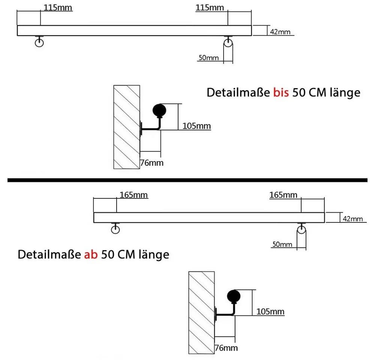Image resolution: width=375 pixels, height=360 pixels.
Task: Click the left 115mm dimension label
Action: tap(58, 7)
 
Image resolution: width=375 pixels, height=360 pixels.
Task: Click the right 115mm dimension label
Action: tap(210, 7)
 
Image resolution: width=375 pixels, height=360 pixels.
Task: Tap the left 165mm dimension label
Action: tap(133, 195)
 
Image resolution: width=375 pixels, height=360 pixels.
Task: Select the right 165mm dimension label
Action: tap(283, 195)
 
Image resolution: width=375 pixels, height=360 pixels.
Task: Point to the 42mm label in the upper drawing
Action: tap(280, 32)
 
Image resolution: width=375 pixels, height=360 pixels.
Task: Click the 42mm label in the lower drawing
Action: tap(353, 219)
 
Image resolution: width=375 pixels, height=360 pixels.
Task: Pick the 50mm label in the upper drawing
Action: tap(208, 58)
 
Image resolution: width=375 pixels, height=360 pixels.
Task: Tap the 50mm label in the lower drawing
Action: tap(282, 244)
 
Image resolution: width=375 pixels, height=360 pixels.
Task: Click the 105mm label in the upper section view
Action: tap(196, 126)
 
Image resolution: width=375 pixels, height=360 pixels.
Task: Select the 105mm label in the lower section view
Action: tap(270, 312)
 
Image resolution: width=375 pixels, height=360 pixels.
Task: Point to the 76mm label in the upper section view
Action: tap(152, 163)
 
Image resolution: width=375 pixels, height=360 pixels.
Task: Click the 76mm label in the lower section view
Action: tap(226, 348)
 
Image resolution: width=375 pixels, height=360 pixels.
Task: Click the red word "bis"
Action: tap(281, 92)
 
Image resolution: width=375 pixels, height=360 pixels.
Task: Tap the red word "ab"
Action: tap(91, 254)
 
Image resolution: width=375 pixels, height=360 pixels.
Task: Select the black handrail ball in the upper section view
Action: tap(159, 110)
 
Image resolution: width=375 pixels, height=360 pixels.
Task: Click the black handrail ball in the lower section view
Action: tap(234, 296)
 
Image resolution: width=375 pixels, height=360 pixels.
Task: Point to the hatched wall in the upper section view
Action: tap(126, 127)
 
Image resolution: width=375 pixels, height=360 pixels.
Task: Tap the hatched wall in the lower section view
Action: tap(201, 313)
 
